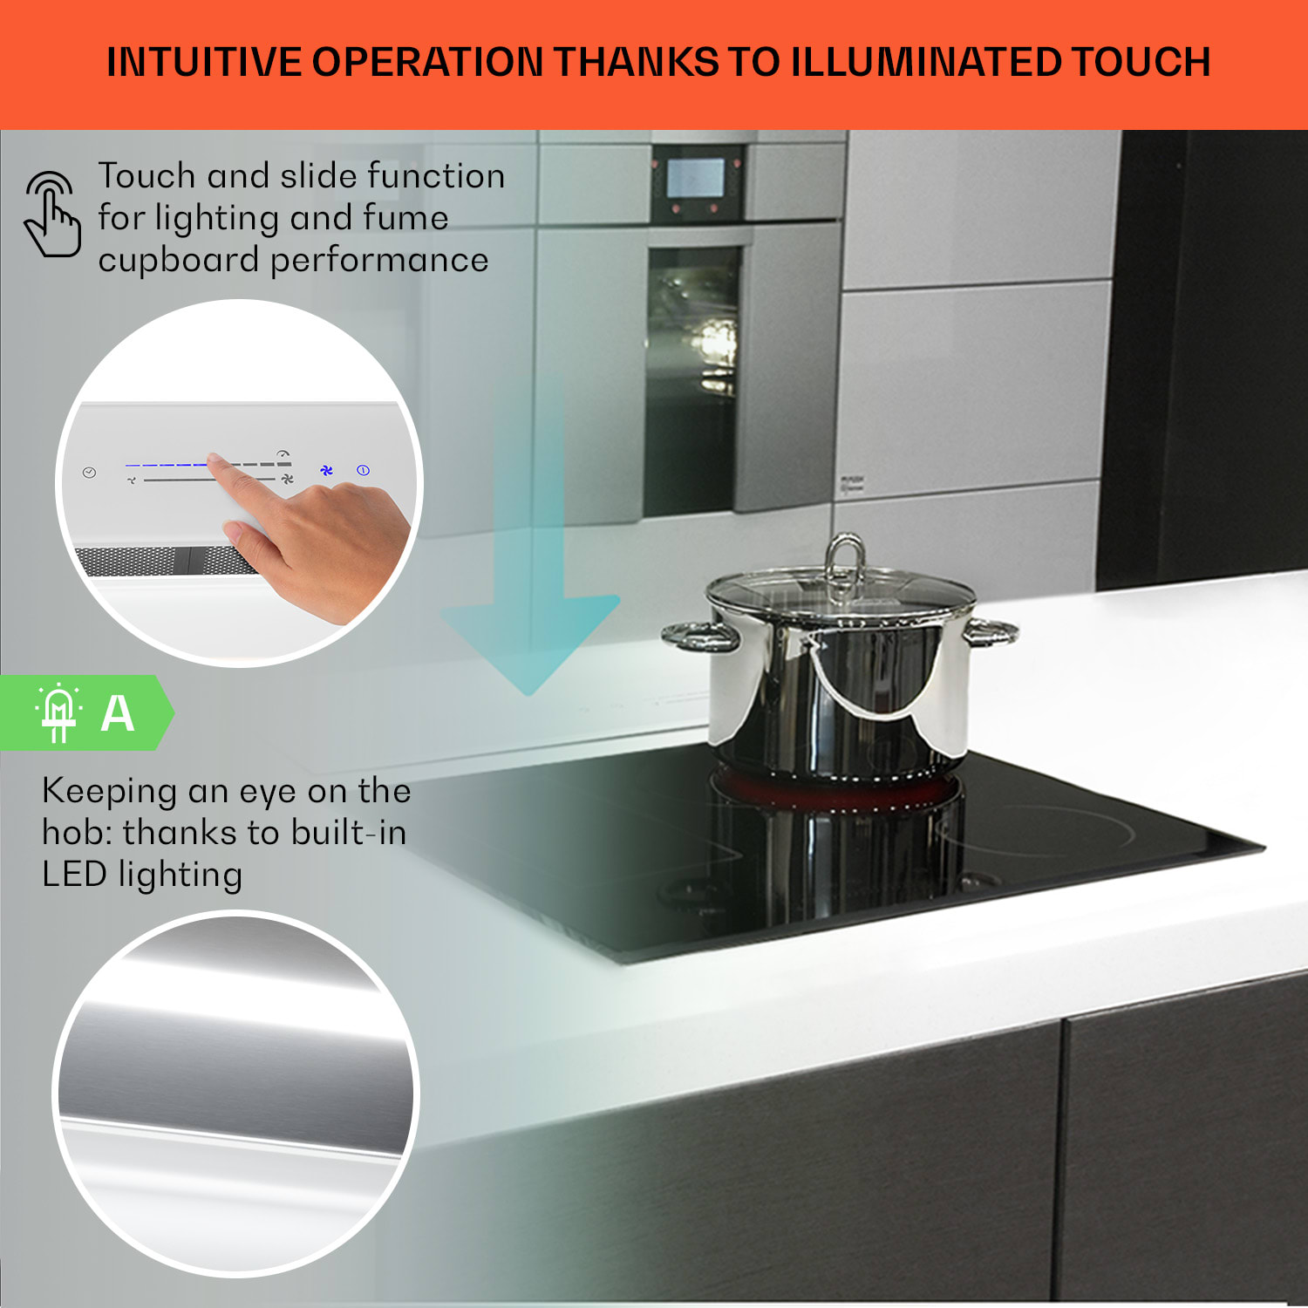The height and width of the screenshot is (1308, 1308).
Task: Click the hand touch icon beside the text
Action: click(52, 215)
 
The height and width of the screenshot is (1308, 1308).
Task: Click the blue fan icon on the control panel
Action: click(326, 471)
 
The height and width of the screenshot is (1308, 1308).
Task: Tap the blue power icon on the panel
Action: click(364, 471)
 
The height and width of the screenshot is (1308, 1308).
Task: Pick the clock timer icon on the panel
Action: click(89, 473)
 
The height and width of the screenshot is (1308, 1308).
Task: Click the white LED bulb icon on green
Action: click(58, 712)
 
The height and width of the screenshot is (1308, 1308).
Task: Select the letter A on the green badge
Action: click(118, 714)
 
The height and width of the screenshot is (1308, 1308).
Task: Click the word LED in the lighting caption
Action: click(74, 875)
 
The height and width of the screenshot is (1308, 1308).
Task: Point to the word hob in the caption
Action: click(74, 833)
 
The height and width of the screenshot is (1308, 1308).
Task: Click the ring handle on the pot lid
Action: click(844, 558)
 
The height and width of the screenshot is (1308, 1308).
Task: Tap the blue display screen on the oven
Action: click(695, 178)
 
